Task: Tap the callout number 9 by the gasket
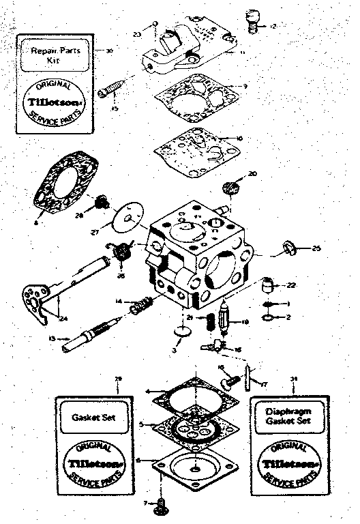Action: coord(245,87)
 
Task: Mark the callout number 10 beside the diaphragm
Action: coord(239,139)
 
